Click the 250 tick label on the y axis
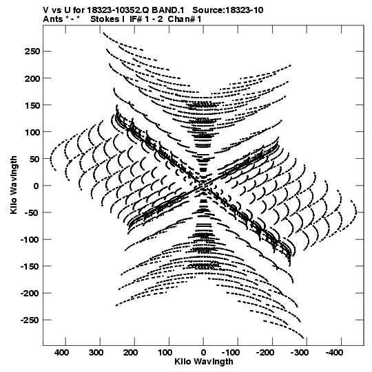32,52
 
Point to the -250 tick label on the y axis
30,320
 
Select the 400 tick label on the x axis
61,353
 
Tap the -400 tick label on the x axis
334,353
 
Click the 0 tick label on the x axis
203,353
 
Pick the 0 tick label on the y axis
37,186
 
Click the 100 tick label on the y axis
32,132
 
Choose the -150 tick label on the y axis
30,266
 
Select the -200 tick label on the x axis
265,353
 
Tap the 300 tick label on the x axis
96,353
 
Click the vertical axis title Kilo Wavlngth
14,185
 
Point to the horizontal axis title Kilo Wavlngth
204,362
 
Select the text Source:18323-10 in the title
228,10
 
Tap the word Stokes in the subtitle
105,19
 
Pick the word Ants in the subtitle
53,19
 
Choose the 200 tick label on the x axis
130,353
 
